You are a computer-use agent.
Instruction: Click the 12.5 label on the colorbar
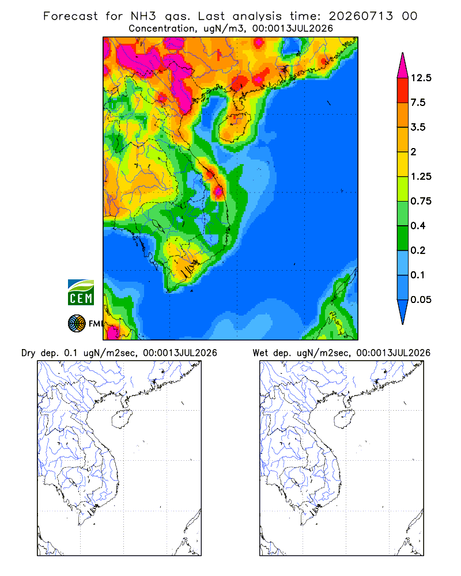point(421,78)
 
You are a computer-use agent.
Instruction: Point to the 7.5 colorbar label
point(418,103)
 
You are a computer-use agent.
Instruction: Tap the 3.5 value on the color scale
point(418,127)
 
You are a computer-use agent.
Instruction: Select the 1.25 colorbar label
point(421,176)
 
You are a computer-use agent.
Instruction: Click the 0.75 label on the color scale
point(421,201)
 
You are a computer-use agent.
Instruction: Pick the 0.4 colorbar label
point(418,226)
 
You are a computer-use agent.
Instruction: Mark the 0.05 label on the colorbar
point(421,300)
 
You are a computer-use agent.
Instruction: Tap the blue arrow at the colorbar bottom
point(403,310)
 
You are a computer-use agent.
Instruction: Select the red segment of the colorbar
point(403,90)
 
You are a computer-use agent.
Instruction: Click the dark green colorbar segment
point(403,238)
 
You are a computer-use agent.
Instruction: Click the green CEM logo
point(81,293)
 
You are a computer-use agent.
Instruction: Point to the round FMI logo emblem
point(77,324)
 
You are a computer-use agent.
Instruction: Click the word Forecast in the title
point(70,16)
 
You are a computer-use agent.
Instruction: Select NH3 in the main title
point(143,16)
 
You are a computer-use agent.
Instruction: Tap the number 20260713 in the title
point(361,16)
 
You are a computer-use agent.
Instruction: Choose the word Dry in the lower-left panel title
point(28,353)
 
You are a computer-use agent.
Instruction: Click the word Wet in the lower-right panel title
point(260,353)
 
